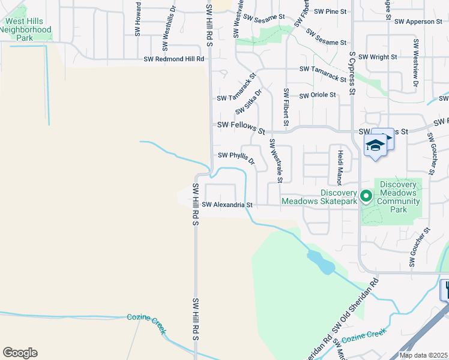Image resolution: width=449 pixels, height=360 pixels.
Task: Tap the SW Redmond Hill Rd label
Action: (174, 59)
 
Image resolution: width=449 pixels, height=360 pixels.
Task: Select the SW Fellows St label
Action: (241, 127)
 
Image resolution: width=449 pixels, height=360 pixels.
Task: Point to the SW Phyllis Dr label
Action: (237, 158)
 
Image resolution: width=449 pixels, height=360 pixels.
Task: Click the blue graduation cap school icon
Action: (375, 146)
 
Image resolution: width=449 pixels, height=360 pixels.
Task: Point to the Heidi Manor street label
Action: (340, 167)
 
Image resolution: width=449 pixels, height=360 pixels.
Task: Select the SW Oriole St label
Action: (317, 95)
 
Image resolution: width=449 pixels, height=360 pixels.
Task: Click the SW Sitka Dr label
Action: (249, 102)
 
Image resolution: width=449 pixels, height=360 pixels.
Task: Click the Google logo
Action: (20, 353)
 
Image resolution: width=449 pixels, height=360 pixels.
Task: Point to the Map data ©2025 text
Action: (423, 355)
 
